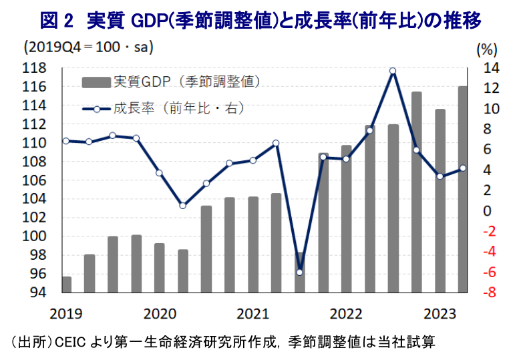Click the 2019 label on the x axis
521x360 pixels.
(x=65, y=313)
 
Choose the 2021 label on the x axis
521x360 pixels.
(x=252, y=313)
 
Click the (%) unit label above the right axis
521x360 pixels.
(x=487, y=49)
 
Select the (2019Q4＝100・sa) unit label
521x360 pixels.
(x=88, y=48)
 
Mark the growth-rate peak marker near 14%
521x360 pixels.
(x=393, y=71)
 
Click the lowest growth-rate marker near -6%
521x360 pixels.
(x=299, y=272)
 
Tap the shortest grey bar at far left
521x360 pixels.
(x=67, y=285)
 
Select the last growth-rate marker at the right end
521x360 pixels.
(x=463, y=168)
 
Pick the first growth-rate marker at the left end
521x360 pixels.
(x=65, y=141)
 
